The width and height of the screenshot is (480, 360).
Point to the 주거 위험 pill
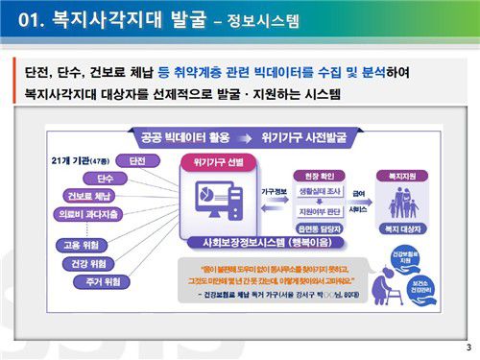(x=104, y=280)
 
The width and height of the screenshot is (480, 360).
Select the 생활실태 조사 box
(x=314, y=190)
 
